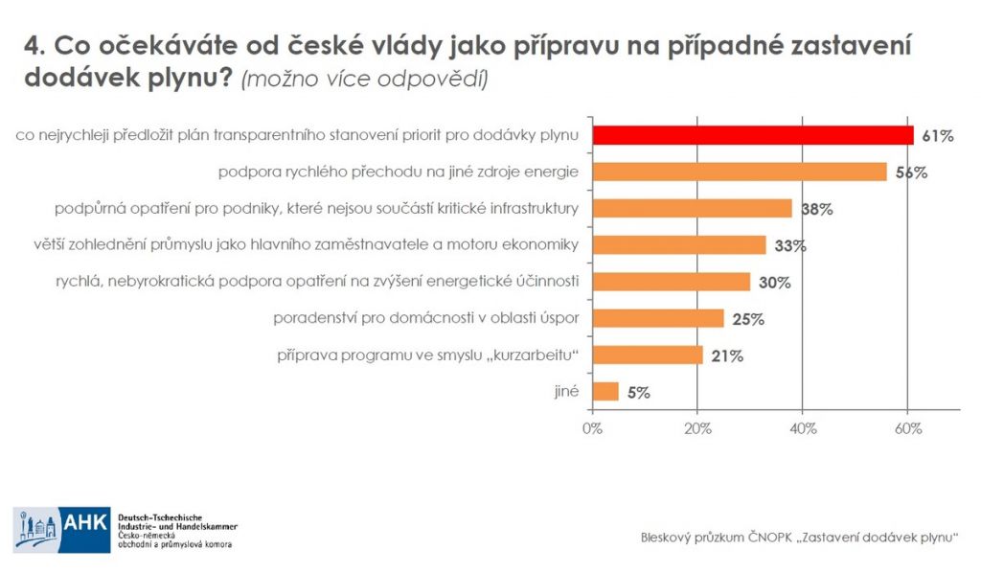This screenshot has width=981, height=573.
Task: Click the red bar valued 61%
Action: (752, 135)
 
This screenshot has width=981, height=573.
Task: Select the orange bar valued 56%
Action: (739, 172)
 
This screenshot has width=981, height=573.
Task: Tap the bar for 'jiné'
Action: (605, 391)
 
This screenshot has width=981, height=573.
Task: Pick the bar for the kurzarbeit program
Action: (648, 355)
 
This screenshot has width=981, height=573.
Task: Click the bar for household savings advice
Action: (658, 318)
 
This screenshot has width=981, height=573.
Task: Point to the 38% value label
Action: (815, 209)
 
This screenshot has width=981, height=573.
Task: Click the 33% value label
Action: (789, 245)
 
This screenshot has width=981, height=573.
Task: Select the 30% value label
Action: (773, 282)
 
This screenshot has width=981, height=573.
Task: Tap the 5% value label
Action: (639, 392)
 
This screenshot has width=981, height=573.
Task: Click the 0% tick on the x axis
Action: (592, 428)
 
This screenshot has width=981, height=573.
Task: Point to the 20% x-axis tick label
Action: (697, 428)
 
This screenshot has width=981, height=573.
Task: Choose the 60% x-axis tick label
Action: (907, 428)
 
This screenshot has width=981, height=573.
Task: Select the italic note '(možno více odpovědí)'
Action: (365, 79)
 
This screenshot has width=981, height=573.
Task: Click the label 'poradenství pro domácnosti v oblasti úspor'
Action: (426, 318)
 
